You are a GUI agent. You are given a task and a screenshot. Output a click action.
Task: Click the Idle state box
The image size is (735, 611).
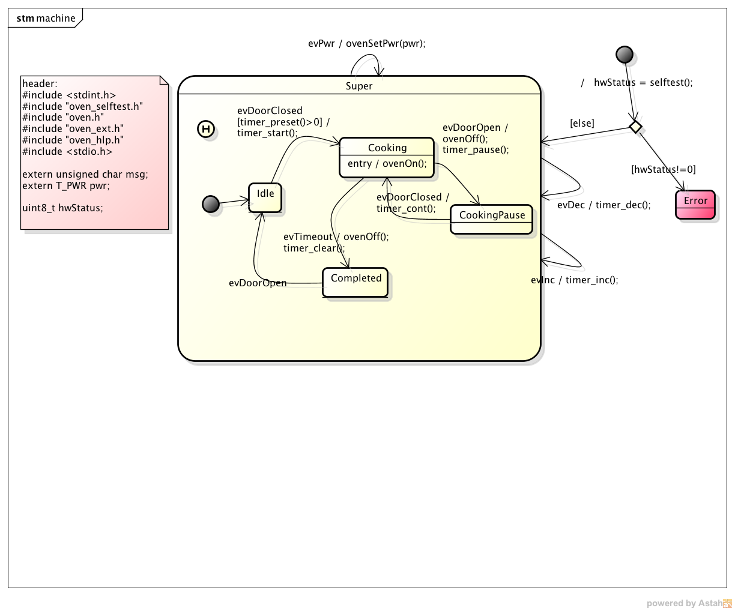pyautogui.click(x=265, y=197)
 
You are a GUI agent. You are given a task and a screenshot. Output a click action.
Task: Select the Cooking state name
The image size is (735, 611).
pyautogui.click(x=387, y=148)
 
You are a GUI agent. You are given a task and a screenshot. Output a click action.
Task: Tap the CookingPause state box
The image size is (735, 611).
pyautogui.click(x=492, y=219)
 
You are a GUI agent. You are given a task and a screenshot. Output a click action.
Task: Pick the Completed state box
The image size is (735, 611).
pyautogui.click(x=355, y=282)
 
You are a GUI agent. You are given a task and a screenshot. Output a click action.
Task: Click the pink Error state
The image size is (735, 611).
pyautogui.click(x=695, y=205)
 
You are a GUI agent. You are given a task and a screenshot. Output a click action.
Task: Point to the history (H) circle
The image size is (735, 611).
pyautogui.click(x=206, y=129)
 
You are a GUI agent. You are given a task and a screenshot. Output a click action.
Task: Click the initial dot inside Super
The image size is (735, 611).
pyautogui.click(x=211, y=204)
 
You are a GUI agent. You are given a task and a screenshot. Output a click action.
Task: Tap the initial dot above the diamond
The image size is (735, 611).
pyautogui.click(x=625, y=55)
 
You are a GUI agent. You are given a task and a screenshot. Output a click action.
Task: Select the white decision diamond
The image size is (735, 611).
pyautogui.click(x=635, y=127)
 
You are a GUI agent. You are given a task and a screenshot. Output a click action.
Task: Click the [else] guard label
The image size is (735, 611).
pyautogui.click(x=582, y=123)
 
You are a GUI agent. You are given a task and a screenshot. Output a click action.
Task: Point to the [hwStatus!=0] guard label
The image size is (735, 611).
pyautogui.click(x=664, y=169)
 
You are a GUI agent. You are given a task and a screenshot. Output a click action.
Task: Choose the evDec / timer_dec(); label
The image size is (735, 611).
pyautogui.click(x=603, y=205)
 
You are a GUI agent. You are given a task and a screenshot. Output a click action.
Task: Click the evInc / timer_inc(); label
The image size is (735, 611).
pyautogui.click(x=575, y=280)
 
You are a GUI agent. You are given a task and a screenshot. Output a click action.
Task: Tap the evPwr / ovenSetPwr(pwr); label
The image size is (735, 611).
pyautogui.click(x=366, y=43)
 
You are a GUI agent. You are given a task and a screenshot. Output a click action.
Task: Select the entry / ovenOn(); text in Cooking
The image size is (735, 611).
pyautogui.click(x=387, y=163)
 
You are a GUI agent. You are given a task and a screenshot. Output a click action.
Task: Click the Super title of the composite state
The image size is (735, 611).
pyautogui.click(x=359, y=86)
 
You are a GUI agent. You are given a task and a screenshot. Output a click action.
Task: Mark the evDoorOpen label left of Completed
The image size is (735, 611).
pyautogui.click(x=258, y=283)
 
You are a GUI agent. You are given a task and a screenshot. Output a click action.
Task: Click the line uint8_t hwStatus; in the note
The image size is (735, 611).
pyautogui.click(x=62, y=208)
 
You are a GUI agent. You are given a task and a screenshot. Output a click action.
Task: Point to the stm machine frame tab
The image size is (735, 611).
pyautogui.click(x=46, y=18)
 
